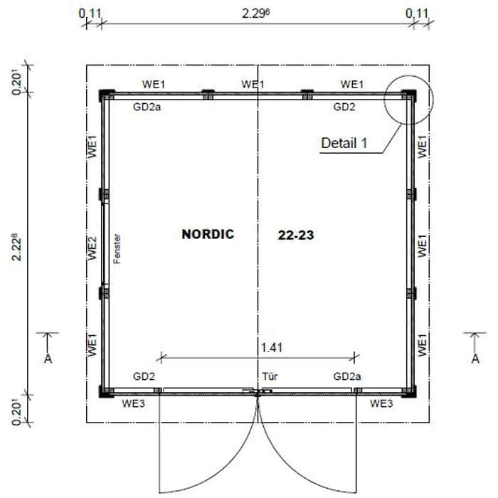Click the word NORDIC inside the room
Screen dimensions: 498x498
coord(208,234)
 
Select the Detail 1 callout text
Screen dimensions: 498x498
coord(344,143)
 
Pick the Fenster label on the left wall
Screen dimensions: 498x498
coord(118,249)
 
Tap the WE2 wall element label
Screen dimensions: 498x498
coord(92,248)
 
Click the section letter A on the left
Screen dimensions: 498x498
coord(48,359)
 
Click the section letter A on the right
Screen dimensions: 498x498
coord(475,359)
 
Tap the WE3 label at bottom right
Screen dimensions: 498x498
coord(381,403)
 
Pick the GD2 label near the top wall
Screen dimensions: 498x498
coord(346,107)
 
